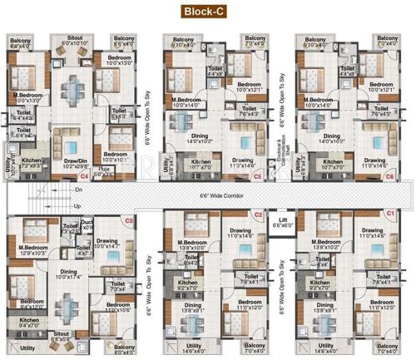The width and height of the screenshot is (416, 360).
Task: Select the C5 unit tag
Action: coord(258,177)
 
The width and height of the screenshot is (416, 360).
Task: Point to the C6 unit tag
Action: coord(389,177)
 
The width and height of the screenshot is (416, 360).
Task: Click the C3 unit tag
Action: coord(128,220)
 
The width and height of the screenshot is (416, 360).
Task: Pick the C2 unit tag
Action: coord(258,215)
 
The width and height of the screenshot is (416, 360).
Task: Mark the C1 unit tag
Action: coord(389,215)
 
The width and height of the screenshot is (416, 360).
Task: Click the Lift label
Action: coord(283,222)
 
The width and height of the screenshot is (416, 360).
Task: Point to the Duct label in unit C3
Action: coord(87,222)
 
